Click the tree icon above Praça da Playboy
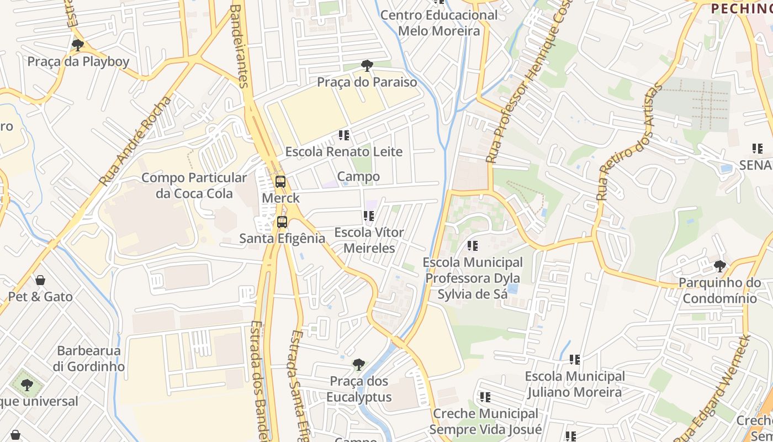(x=78, y=45)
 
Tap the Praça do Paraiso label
(x=367, y=82)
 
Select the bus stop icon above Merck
(x=280, y=181)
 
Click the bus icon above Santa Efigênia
(x=282, y=222)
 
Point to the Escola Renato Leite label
(x=343, y=151)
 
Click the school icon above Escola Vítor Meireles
(x=369, y=216)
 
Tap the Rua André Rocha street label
(x=136, y=141)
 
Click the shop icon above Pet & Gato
(x=40, y=281)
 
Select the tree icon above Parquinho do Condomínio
(x=719, y=266)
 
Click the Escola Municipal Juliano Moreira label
(x=575, y=385)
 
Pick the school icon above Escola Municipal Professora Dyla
(x=472, y=245)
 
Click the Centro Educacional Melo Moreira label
(x=439, y=23)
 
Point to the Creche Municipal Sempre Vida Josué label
(x=485, y=421)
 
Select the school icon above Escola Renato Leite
(x=344, y=135)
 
